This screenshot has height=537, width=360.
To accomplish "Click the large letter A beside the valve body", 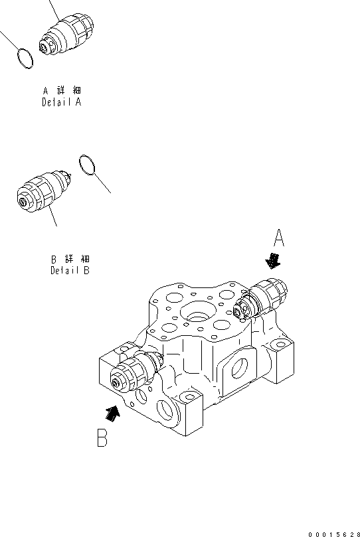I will click(x=280, y=238).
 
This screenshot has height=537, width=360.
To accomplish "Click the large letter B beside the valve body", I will click(x=102, y=439).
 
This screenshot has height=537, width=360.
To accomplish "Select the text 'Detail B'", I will click(x=70, y=270).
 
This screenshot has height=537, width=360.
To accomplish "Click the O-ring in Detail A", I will click(x=25, y=59).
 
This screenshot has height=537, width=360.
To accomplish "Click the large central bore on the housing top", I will click(x=197, y=310).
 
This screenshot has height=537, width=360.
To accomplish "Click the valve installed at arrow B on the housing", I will click(x=135, y=374).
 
